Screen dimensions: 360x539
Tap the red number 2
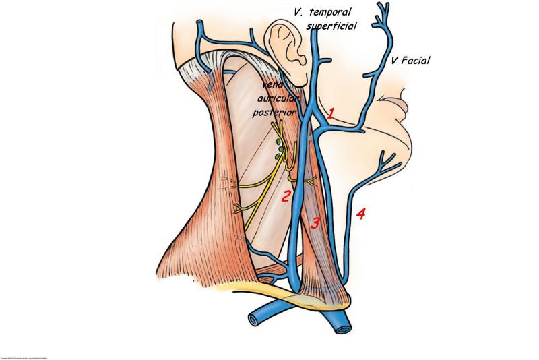[x=286, y=196]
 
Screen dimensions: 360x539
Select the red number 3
[x=315, y=224]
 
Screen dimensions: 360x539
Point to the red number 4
[x=360, y=214]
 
